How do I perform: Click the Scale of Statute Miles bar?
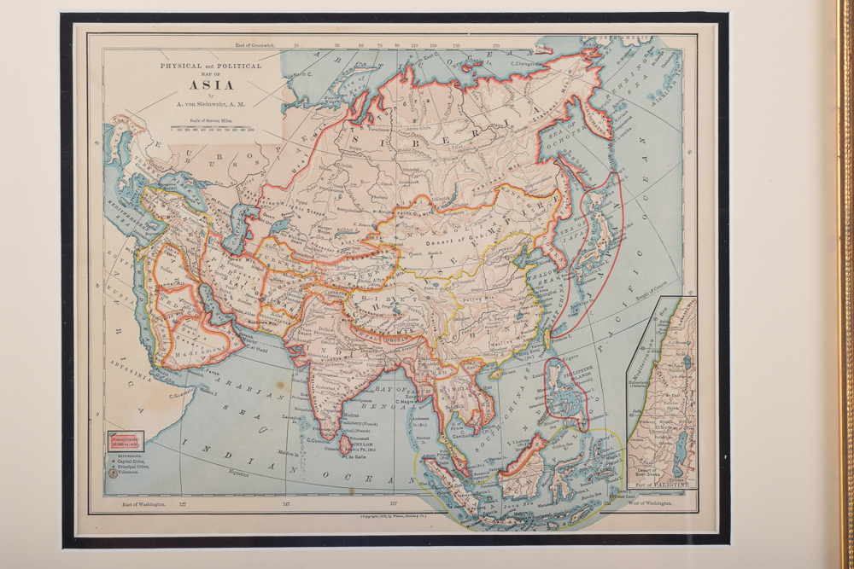212,127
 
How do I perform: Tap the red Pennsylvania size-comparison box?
125,440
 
